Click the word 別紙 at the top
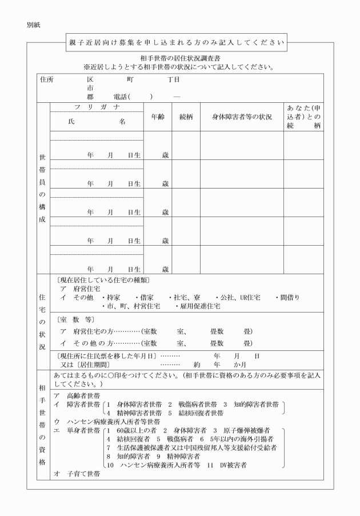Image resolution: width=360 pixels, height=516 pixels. [x=33, y=26]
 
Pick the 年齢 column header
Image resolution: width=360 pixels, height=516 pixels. [x=158, y=117]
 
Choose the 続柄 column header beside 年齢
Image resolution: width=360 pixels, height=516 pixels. [x=186, y=117]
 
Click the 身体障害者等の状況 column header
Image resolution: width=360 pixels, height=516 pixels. [x=242, y=117]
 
